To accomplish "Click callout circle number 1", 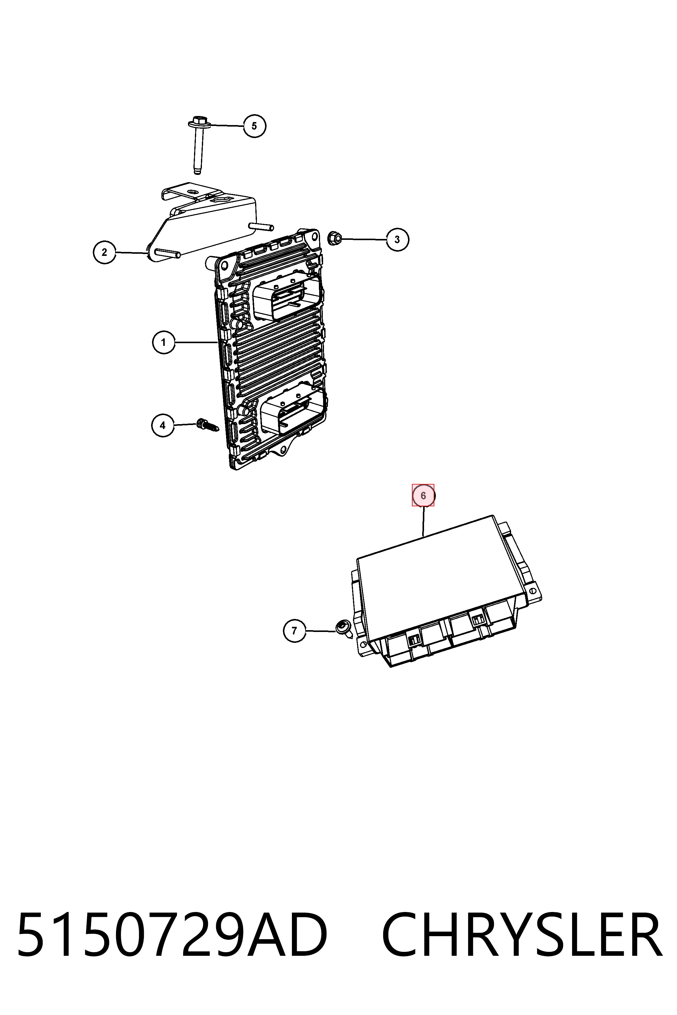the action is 164,343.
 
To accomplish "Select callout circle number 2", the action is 105,253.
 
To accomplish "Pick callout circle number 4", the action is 163,426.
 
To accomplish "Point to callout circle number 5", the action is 254,126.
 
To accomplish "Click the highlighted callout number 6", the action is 423,495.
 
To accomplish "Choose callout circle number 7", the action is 294,631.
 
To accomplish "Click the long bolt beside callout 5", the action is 199,145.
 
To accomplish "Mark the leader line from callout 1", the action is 196,343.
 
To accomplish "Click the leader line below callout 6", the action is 423,521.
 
